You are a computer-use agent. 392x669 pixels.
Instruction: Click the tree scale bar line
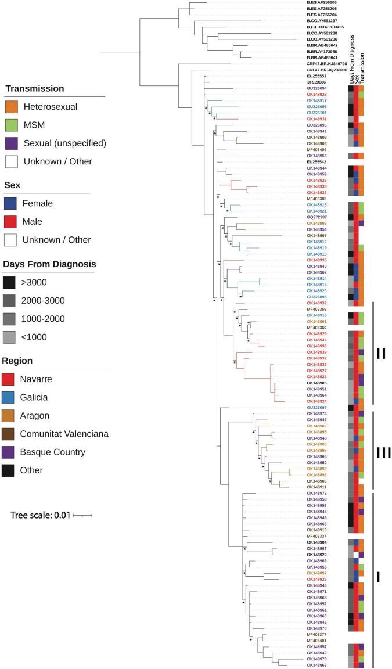click(x=84, y=515)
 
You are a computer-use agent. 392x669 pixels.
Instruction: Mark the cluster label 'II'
click(x=381, y=353)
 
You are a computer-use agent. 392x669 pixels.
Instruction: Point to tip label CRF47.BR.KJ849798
click(x=326, y=63)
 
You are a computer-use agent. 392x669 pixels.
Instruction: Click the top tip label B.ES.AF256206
click(x=321, y=2)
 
